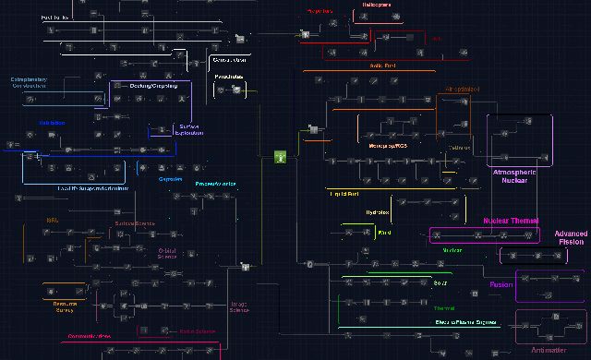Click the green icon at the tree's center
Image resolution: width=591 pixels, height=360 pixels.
(x=279, y=158)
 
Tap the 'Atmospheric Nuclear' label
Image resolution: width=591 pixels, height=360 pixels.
(x=521, y=176)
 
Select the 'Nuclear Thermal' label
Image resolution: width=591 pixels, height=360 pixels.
(x=511, y=221)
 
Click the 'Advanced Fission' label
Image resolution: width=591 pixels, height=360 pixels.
(x=571, y=238)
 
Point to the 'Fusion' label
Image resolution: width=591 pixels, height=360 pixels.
(x=501, y=284)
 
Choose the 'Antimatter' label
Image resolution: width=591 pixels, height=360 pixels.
(x=550, y=350)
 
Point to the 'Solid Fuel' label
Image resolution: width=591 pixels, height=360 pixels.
(x=370, y=66)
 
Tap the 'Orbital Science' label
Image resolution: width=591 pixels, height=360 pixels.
(x=167, y=252)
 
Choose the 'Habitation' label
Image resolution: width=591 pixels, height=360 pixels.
(x=51, y=122)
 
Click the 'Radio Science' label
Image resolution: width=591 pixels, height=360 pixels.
(x=197, y=330)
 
